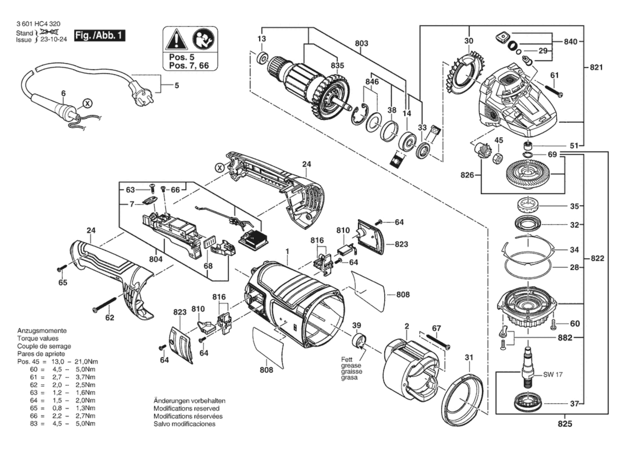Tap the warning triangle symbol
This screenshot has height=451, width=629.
(x=177, y=40)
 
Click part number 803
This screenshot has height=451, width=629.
(x=361, y=43)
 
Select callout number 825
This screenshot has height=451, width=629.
(x=565, y=424)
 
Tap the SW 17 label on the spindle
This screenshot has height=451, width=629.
(x=553, y=374)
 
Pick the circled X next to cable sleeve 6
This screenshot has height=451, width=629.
(x=88, y=103)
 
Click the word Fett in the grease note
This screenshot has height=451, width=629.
(x=347, y=360)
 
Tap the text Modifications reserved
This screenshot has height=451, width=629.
(x=186, y=408)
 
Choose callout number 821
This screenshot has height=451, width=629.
(x=596, y=67)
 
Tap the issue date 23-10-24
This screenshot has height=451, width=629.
(x=54, y=40)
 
